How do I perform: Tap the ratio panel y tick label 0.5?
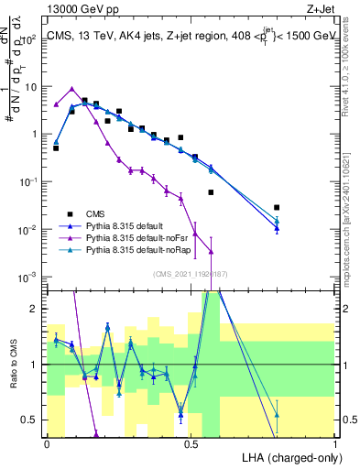click(30, 420)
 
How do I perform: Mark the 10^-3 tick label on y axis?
click(28, 277)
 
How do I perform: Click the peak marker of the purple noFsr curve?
click(71, 88)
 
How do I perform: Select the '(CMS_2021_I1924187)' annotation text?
click(191, 274)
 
